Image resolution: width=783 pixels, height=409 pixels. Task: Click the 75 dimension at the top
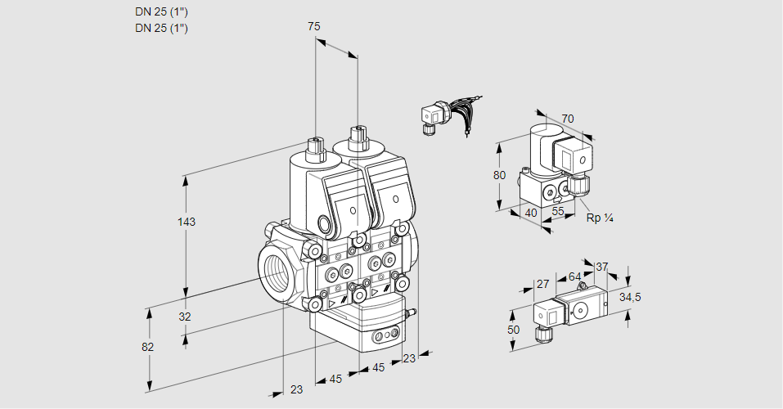tap(314, 27)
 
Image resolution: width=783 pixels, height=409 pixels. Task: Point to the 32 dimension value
tap(185, 317)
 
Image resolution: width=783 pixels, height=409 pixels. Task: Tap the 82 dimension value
tap(148, 347)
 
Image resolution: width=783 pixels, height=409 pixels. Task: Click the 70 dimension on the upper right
tap(568, 119)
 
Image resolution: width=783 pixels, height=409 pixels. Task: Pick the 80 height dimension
tap(500, 174)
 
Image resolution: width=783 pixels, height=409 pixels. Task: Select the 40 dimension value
tap(530, 213)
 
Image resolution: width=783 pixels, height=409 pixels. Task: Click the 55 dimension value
tap(559, 212)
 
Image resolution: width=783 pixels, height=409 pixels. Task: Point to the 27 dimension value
tap(542, 284)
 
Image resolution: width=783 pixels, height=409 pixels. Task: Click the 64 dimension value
tap(574, 276)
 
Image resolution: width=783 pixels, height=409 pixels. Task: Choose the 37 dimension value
tap(601, 267)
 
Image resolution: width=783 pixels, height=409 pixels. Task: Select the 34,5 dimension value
tap(630, 297)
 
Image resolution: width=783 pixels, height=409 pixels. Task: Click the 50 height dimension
tap(513, 330)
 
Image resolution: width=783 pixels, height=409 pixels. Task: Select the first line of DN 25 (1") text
tap(161, 12)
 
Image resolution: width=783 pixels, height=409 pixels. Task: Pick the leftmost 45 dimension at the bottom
tap(335, 378)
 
